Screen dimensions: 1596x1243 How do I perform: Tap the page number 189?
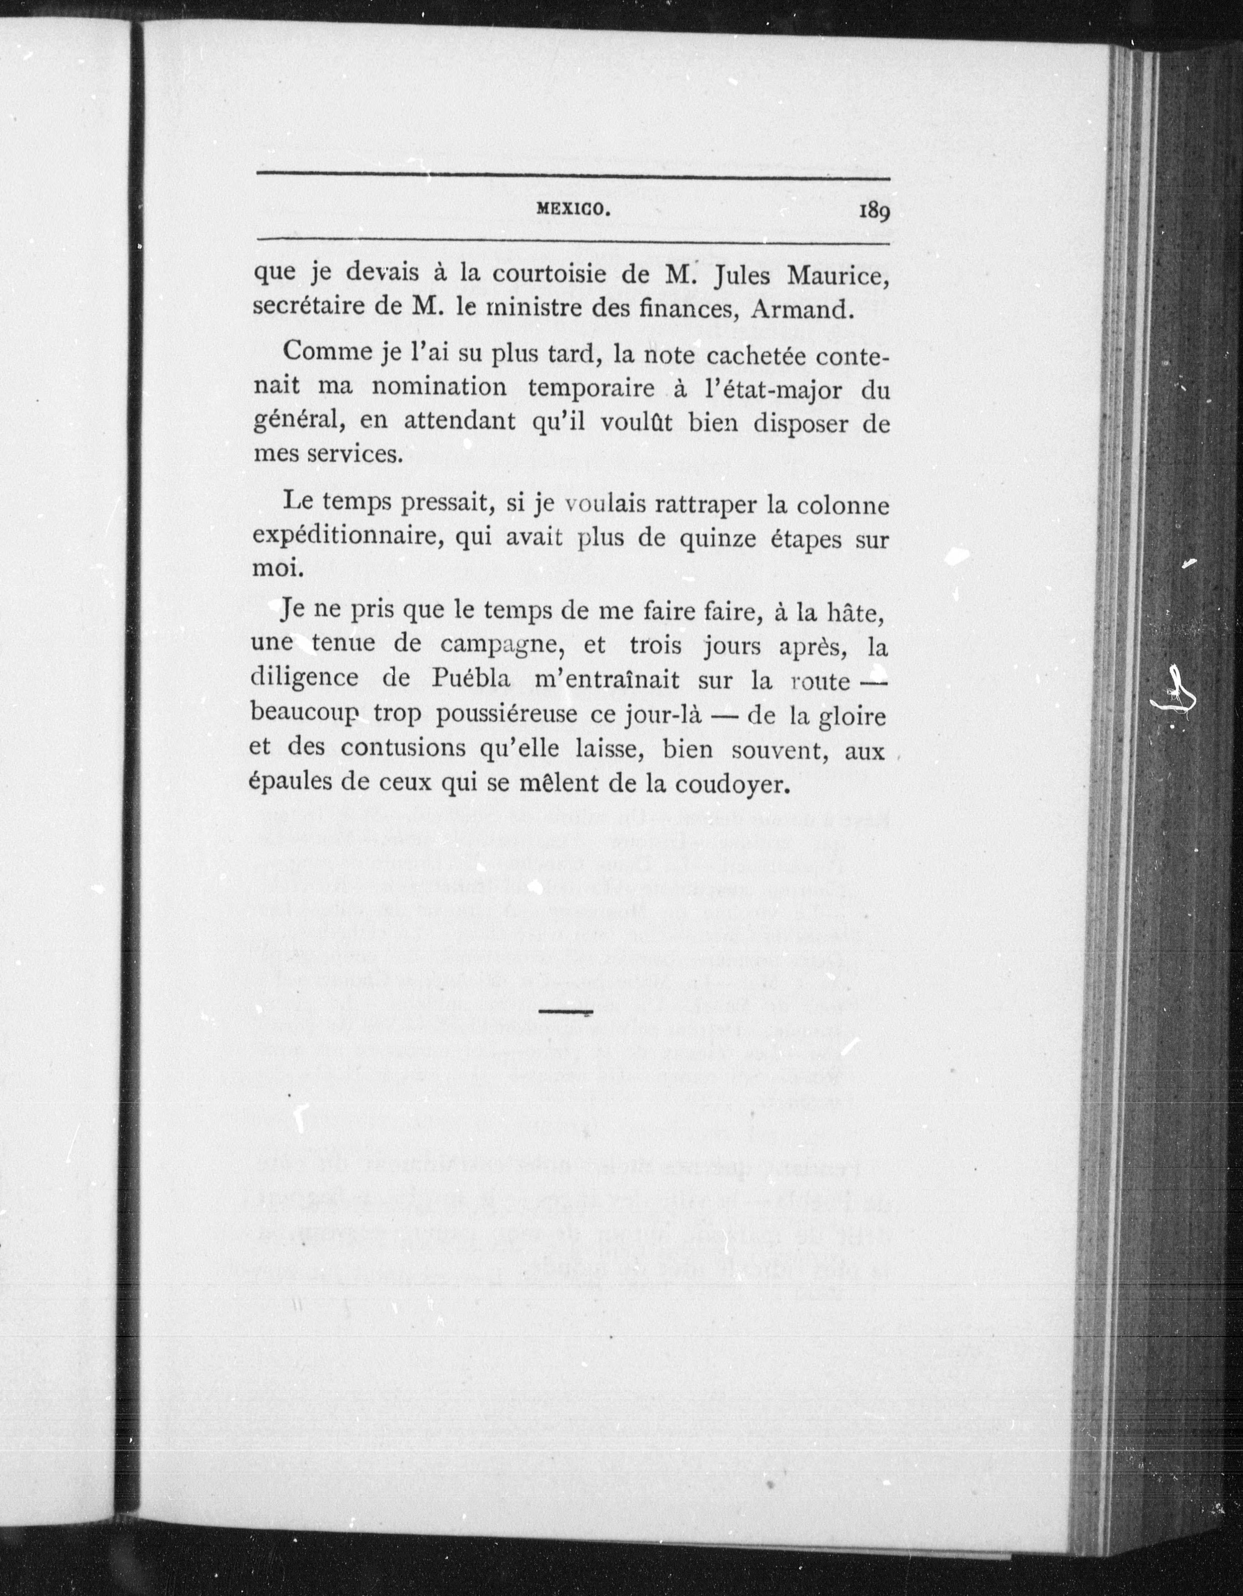pos(874,211)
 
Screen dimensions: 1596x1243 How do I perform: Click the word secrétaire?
pos(308,307)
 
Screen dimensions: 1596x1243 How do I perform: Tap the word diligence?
pos(304,679)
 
